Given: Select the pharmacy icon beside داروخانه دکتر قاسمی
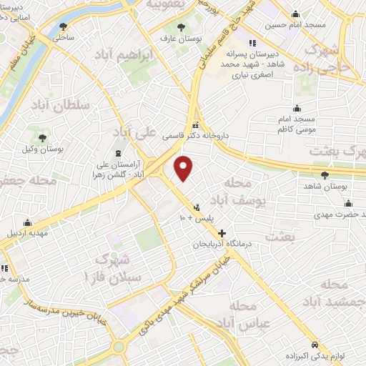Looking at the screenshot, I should click(x=195, y=125).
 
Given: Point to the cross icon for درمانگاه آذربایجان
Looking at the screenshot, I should click(x=222, y=233).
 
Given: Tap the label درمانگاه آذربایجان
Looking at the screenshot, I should click(x=222, y=244).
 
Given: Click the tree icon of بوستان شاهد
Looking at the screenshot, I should click(x=325, y=174).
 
